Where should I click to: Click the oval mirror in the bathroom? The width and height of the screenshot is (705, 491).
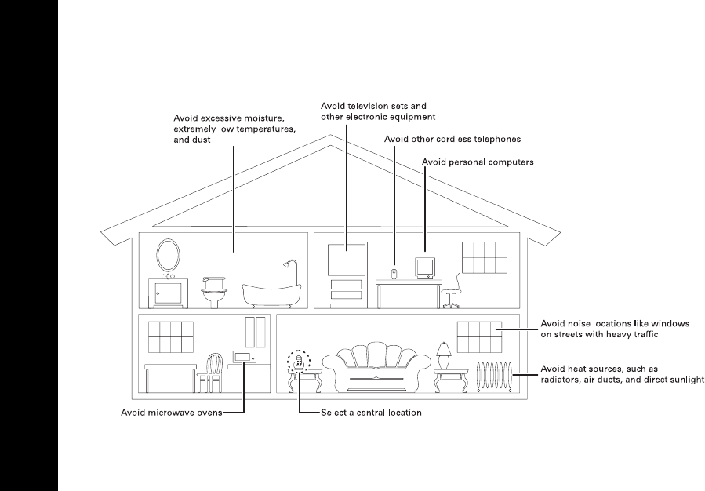coord(167,253)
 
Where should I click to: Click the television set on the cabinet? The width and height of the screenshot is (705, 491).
coord(347,260)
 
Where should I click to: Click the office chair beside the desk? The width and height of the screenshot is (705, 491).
coord(452,291)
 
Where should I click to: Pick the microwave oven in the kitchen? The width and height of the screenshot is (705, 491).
coord(243,358)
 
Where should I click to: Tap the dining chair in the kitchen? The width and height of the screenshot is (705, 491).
coord(213,372)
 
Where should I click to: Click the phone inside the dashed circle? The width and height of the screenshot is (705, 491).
coord(298,362)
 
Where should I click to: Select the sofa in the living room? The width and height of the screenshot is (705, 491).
coord(377,370)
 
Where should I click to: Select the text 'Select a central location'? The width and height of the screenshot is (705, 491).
coord(371,412)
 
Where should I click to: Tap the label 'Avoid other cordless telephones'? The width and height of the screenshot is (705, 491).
coord(452,139)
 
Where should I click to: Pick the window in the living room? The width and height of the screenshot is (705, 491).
coord(479,336)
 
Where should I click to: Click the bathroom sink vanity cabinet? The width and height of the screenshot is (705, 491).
coord(167,293)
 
